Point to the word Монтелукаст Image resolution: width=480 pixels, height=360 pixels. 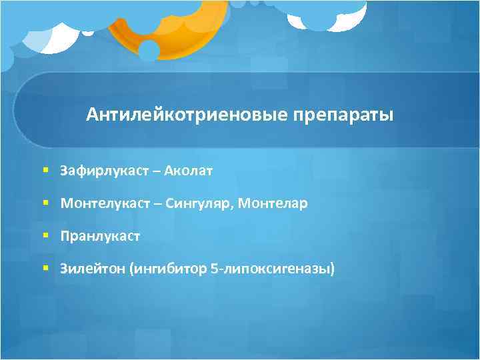tap(105, 203)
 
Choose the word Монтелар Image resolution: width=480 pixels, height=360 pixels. tap(277, 203)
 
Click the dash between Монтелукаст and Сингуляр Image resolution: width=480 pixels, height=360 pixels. tap(162, 204)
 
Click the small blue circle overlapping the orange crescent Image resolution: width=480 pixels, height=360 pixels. tap(148, 50)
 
